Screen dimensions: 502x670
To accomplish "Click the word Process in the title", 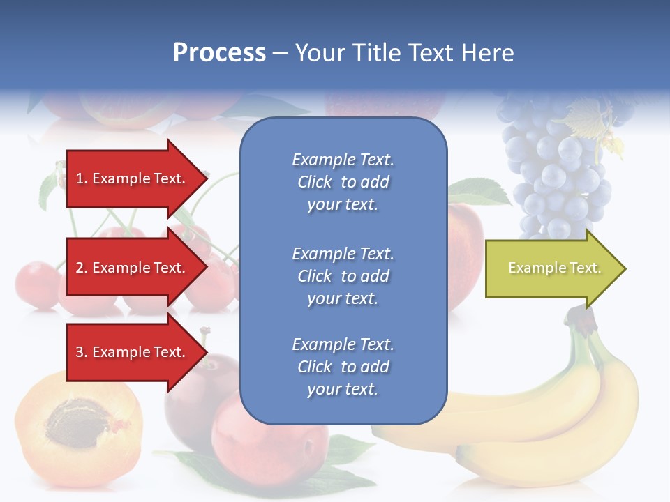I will pyautogui.click(x=219, y=53).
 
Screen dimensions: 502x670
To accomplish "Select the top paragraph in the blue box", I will pyautogui.click(x=343, y=182).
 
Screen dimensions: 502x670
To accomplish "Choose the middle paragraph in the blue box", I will pyautogui.click(x=343, y=276).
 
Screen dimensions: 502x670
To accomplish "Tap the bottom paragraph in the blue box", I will pyautogui.click(x=343, y=367).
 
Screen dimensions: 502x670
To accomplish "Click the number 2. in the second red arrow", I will pyautogui.click(x=82, y=268).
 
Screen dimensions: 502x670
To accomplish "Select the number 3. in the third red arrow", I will pyautogui.click(x=82, y=352).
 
